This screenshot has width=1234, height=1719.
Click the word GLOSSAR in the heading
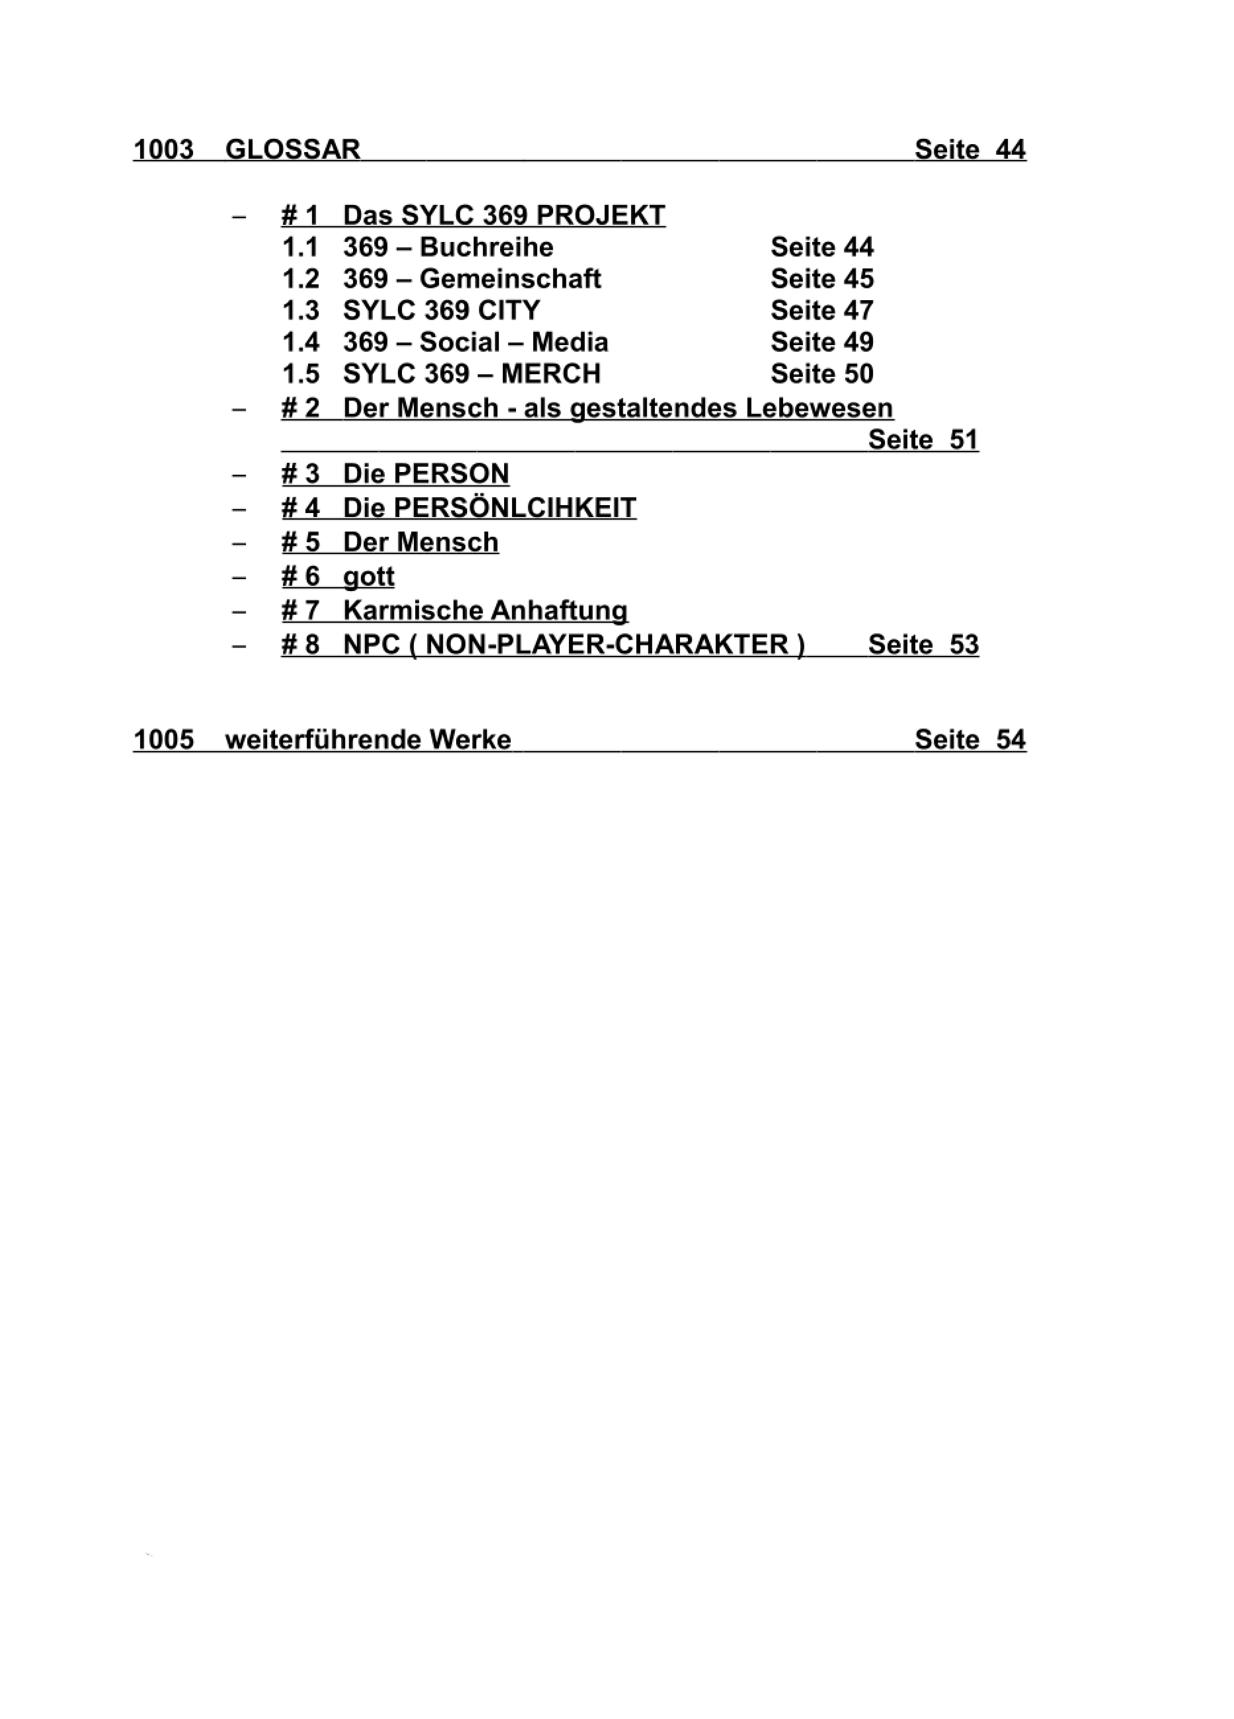293,149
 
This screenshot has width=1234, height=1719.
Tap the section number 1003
164,149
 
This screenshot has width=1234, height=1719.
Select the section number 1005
164,739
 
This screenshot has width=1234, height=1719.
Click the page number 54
1011,739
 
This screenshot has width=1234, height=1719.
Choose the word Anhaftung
559,611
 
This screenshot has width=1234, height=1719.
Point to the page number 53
964,645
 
